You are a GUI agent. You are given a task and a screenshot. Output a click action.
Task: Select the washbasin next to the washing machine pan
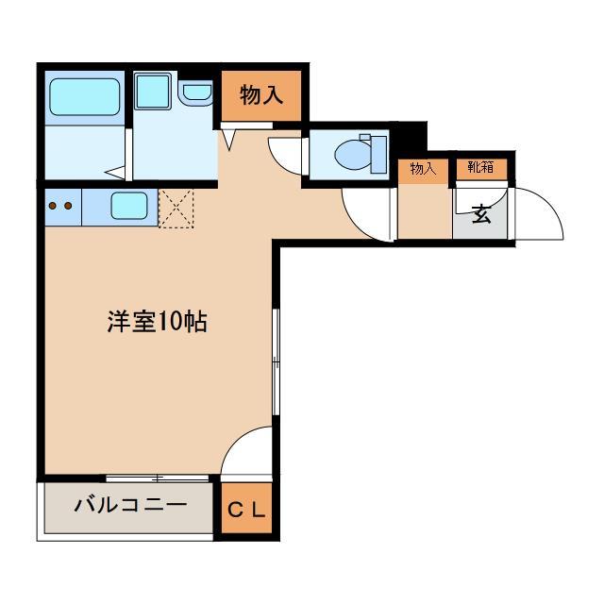198,92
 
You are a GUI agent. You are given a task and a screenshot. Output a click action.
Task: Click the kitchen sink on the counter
129,205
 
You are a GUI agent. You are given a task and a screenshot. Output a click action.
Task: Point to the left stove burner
53,205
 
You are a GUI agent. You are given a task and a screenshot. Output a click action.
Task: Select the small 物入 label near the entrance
422,169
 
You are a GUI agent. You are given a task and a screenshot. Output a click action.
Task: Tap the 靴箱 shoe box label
480,169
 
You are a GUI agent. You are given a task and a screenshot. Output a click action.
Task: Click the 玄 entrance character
481,213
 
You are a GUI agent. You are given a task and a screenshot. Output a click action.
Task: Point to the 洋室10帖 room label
157,321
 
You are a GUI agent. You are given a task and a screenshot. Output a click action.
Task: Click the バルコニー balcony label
130,506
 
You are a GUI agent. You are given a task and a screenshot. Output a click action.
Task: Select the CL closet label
247,511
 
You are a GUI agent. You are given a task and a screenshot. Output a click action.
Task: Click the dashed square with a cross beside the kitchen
176,208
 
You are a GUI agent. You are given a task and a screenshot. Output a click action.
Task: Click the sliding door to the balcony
157,478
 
